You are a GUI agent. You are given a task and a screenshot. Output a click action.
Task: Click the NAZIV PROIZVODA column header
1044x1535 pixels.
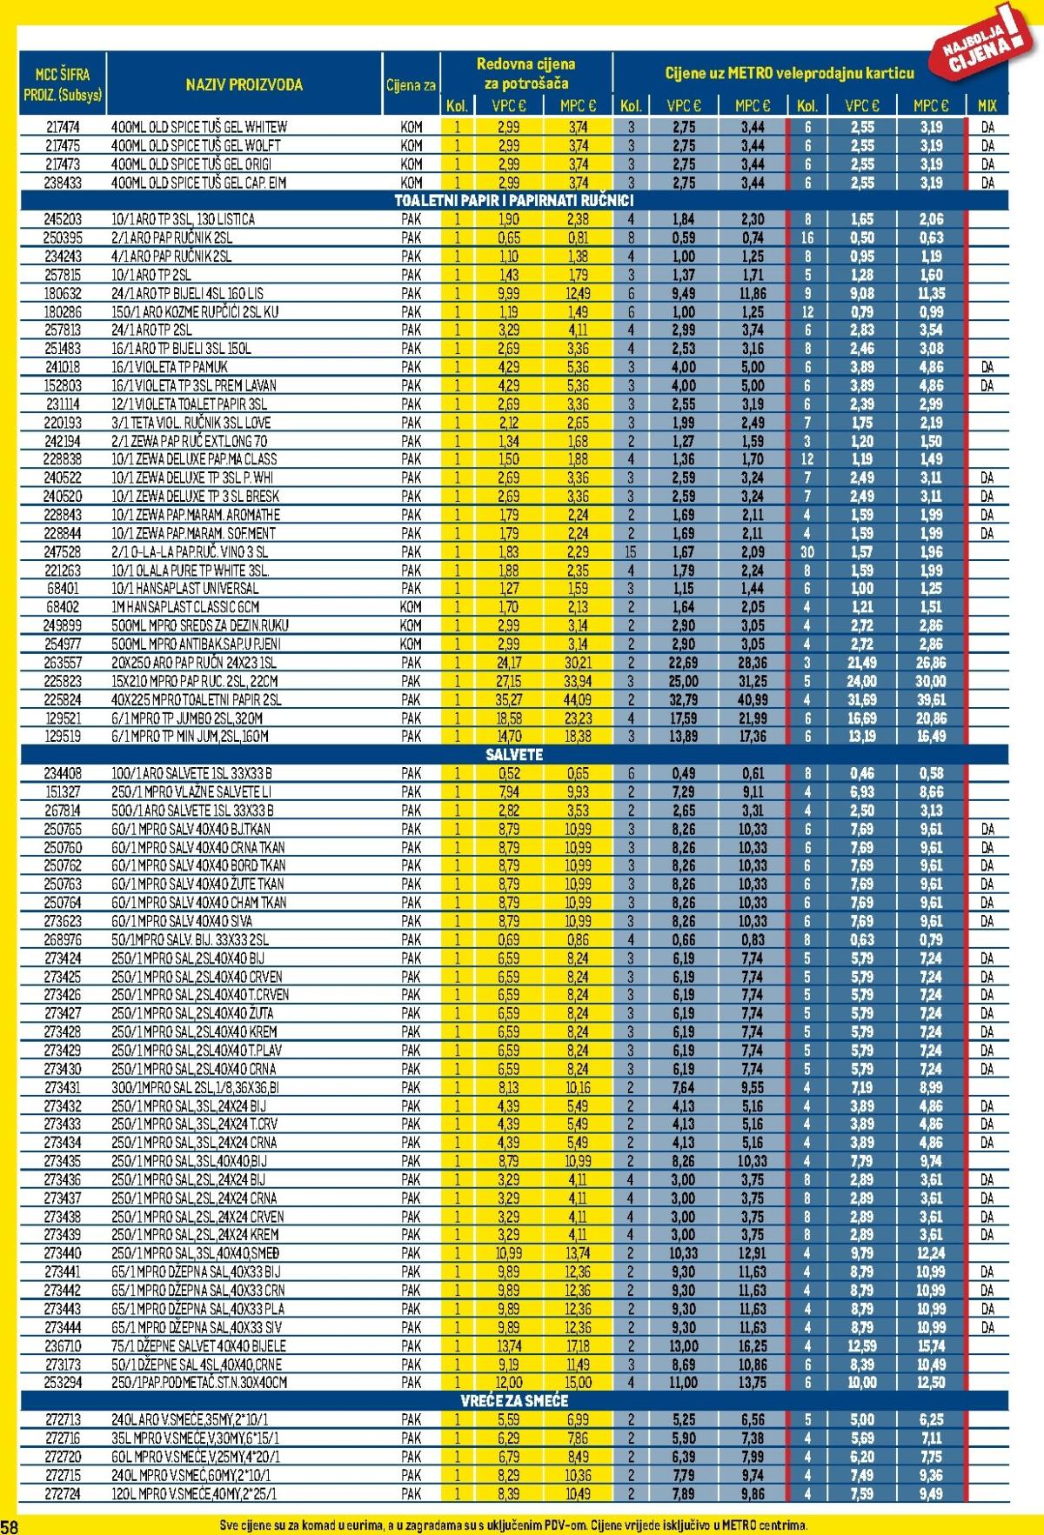[x=244, y=84]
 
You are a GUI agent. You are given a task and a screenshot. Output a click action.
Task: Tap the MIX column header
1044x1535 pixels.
[x=987, y=106]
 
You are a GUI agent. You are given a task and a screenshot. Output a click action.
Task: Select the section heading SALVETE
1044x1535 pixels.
[x=514, y=754]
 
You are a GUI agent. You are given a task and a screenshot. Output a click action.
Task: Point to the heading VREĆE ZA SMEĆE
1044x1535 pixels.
[x=514, y=1401]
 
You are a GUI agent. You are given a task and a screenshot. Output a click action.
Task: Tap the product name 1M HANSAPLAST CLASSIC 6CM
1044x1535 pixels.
[x=185, y=607]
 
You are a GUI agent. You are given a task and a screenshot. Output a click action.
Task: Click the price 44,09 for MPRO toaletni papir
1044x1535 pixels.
[x=578, y=699]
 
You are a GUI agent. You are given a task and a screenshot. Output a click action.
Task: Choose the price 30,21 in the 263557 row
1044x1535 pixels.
[x=578, y=663]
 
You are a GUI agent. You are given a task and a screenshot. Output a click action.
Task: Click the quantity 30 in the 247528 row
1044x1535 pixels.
[x=807, y=552]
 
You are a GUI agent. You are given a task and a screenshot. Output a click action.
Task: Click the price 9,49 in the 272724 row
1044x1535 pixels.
[x=931, y=1493]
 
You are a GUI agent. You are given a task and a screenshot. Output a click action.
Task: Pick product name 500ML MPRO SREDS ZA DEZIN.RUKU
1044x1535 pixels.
[x=200, y=625]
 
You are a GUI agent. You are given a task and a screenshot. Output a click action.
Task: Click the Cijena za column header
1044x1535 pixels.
[x=412, y=85]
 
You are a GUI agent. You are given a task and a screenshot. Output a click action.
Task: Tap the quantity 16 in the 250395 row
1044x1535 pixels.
[x=807, y=237]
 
